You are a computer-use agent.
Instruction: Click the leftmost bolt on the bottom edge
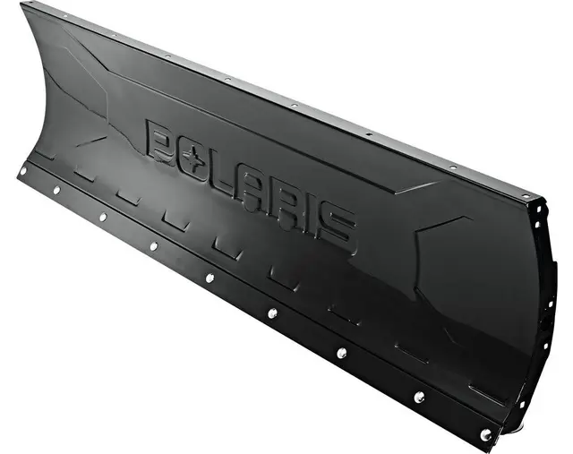(x=23, y=170)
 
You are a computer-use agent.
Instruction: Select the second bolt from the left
(x=56, y=190)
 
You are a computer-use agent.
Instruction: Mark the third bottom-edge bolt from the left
(x=102, y=216)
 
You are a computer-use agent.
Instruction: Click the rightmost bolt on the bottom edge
(x=485, y=434)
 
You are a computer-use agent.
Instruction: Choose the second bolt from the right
(x=418, y=396)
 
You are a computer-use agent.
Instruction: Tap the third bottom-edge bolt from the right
(x=341, y=352)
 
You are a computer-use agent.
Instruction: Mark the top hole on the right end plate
(x=539, y=211)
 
